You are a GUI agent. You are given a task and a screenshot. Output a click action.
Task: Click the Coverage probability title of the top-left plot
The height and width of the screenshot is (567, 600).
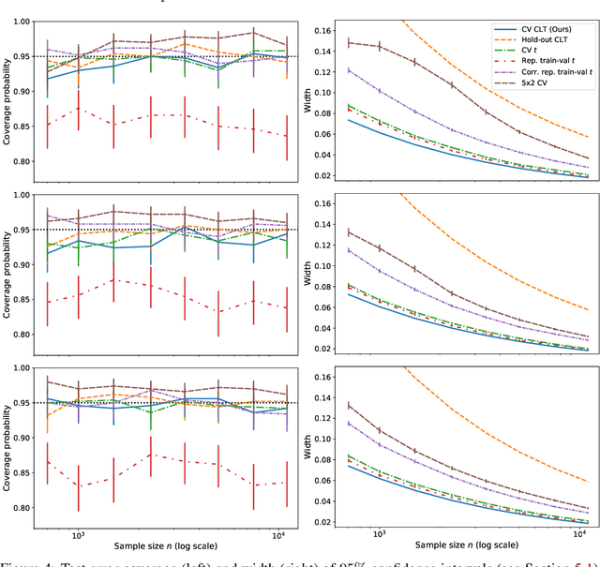[x=8, y=92]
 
